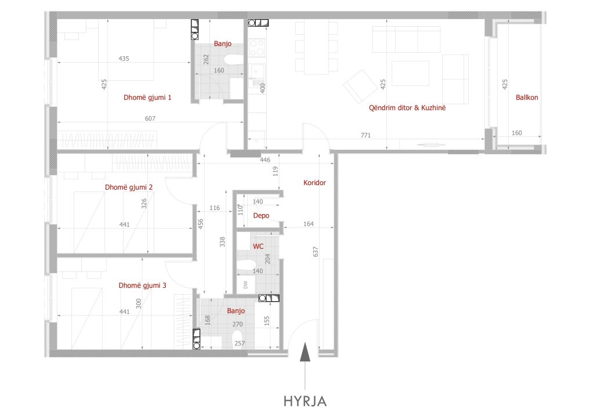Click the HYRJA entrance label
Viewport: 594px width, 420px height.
pos(305,401)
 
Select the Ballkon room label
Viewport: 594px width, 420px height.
pos(527,97)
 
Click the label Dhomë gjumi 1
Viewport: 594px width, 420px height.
pos(147,97)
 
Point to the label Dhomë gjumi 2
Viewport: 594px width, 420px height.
pos(129,187)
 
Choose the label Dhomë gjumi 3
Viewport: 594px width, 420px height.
pos(143,285)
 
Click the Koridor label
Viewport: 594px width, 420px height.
pos(314,183)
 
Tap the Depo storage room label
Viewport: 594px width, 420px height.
pos(261,215)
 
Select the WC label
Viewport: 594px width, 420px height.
pos(258,246)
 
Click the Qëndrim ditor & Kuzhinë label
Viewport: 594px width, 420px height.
pos(407,107)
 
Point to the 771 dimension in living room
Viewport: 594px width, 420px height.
pos(365,135)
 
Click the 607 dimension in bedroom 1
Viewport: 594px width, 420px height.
pos(150,118)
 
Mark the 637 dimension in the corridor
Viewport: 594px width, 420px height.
pos(316,252)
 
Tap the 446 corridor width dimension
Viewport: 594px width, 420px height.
pos(265,160)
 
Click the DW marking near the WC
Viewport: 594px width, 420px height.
pos(245,284)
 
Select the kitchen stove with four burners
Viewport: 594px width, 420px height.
pos(257,48)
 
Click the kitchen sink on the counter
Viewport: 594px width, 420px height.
pos(256,71)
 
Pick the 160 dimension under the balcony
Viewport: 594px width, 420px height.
pos(517,133)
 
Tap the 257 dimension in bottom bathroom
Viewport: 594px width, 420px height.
pos(240,343)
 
